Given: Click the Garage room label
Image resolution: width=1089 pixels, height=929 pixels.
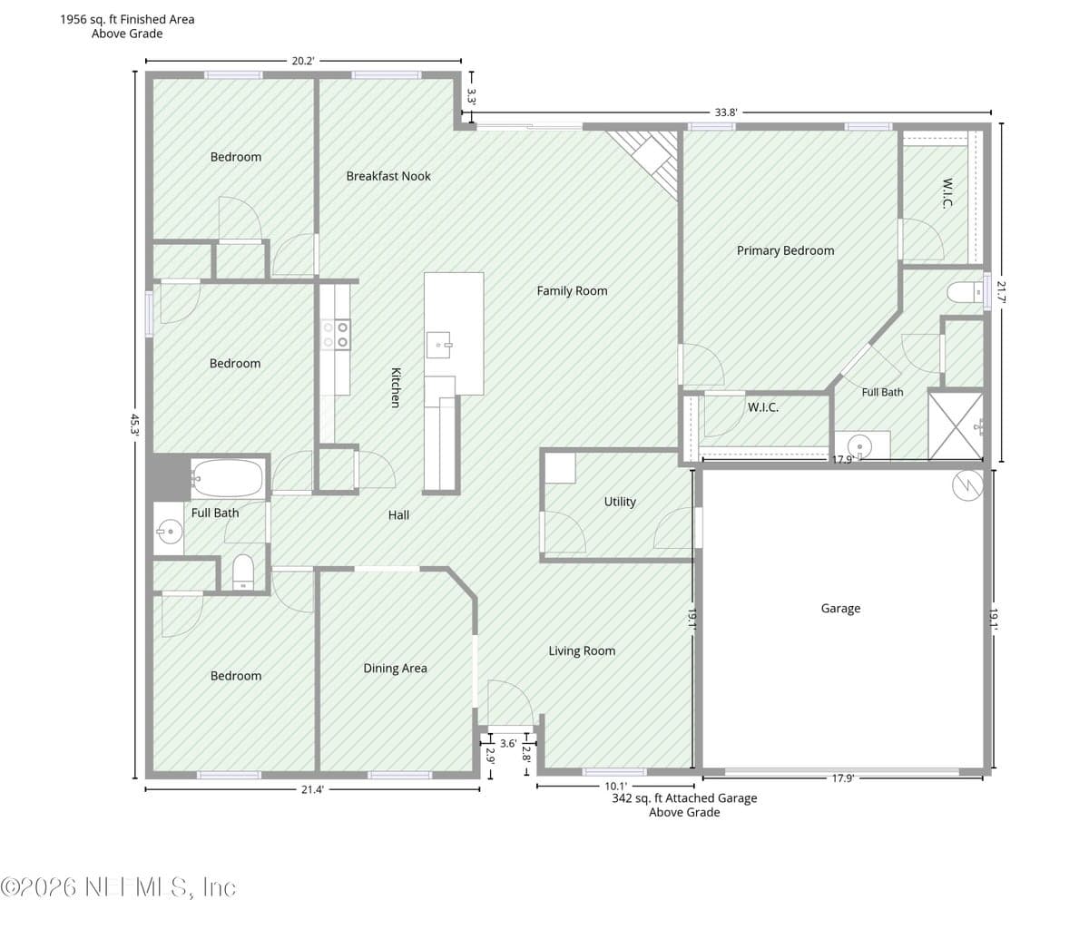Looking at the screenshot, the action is click(840, 608).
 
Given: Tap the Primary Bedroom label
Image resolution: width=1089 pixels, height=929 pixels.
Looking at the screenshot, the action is click(785, 250).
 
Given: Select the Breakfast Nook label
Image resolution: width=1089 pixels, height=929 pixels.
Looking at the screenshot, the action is click(388, 176).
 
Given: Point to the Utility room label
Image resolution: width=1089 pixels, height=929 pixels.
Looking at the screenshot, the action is click(620, 502).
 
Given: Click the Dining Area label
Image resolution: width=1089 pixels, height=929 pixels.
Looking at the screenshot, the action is click(395, 669).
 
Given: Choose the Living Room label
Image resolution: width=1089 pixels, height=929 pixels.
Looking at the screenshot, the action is click(582, 650).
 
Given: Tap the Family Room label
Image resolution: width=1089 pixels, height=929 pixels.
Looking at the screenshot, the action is click(572, 290).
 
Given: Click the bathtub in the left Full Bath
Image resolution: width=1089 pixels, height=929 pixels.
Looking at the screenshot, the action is click(228, 478).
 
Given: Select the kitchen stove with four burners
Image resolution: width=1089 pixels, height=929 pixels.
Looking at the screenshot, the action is click(336, 335).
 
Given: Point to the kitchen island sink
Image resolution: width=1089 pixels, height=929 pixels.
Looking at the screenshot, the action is click(438, 345).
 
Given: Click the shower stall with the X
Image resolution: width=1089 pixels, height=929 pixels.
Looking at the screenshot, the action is click(956, 426).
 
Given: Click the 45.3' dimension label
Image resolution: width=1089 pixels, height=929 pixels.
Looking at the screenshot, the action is click(135, 424).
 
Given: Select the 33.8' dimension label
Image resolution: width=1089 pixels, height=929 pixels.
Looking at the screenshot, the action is click(725, 112).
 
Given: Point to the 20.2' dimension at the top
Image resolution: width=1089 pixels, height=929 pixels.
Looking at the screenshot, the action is click(303, 61).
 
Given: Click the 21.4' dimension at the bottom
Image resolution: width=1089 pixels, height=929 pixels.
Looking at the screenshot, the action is click(312, 789).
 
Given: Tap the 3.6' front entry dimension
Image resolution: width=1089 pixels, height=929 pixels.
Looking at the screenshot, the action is click(508, 744).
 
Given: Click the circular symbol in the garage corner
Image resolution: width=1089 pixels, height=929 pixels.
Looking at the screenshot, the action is click(967, 485).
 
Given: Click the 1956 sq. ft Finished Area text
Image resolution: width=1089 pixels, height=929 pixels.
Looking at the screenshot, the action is click(127, 19).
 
